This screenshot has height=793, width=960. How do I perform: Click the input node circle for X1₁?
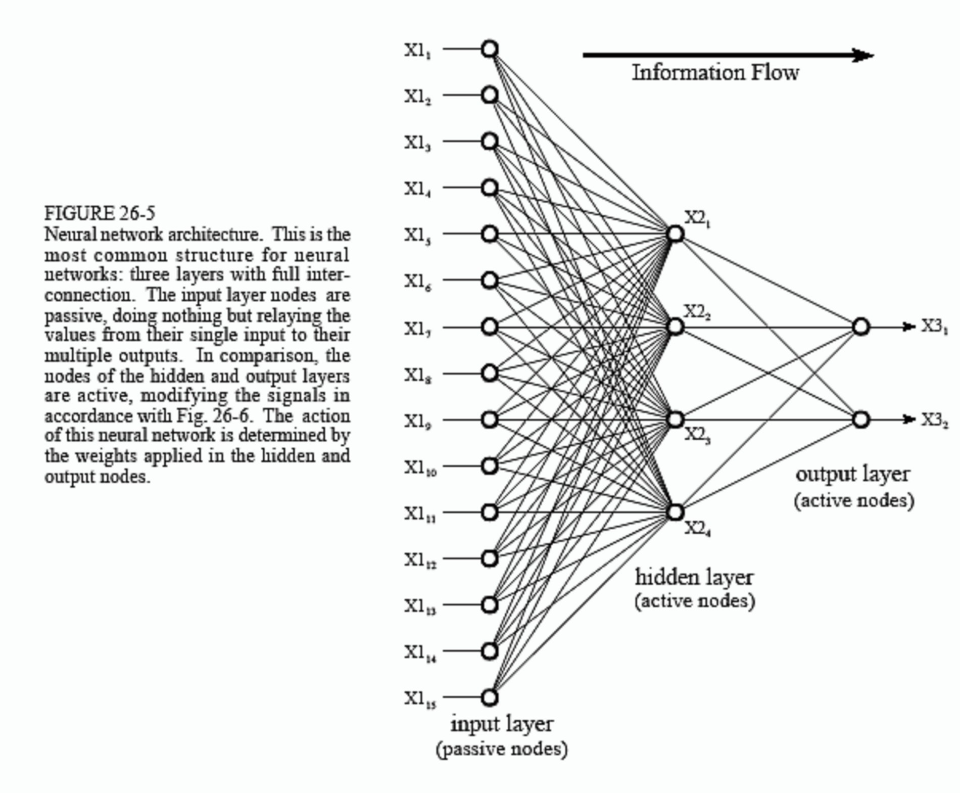489,49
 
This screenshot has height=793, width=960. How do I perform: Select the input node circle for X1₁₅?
489,697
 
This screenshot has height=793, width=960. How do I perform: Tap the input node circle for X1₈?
489,374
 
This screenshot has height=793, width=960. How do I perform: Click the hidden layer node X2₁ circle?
675,234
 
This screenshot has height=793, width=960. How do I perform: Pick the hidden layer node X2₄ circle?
675,512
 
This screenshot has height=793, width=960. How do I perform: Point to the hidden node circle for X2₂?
675,327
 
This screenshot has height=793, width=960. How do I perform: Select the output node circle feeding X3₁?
861,327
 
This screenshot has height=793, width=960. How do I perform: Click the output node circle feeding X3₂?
861,419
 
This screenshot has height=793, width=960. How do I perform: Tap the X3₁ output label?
934,327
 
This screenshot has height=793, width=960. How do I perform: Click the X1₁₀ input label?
420,468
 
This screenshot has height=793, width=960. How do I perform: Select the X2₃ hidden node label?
697,435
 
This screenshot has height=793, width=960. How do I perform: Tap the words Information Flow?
715,73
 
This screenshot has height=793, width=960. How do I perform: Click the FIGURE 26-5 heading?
100,213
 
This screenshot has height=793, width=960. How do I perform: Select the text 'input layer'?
502,724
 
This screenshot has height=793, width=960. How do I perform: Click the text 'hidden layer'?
694,577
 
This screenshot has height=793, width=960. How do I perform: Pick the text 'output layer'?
853,475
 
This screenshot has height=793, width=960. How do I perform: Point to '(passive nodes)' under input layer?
502,749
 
